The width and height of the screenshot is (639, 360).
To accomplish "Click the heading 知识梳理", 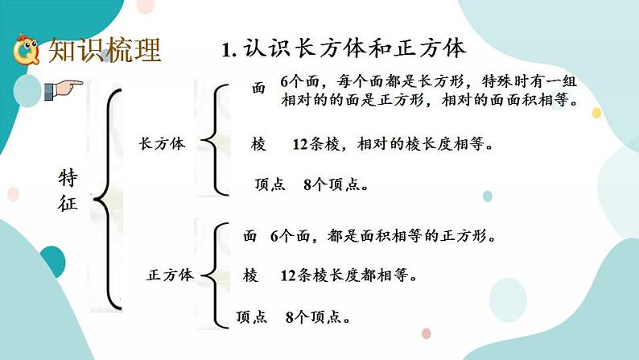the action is [x=105, y=50].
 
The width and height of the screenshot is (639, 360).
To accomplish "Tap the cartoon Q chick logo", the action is [x=27, y=50].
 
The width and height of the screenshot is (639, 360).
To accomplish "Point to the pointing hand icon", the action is [x=63, y=89].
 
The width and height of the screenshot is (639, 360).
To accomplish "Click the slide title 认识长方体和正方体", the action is [x=355, y=48].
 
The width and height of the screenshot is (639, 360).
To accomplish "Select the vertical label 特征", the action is [x=68, y=190].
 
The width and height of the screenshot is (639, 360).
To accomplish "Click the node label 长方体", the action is [x=162, y=143].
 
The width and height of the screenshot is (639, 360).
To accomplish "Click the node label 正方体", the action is [x=170, y=275].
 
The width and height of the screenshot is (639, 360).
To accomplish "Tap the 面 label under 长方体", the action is [x=258, y=88].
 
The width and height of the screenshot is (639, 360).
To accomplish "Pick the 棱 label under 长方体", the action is [x=258, y=144].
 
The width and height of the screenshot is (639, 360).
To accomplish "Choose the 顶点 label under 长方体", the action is [x=270, y=184].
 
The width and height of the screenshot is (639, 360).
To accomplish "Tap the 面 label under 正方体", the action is [x=249, y=236].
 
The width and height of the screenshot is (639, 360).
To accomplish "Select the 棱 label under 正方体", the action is [x=249, y=275].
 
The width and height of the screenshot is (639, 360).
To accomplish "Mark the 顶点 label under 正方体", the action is [x=251, y=317].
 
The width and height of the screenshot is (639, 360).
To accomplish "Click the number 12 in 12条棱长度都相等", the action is [x=288, y=276].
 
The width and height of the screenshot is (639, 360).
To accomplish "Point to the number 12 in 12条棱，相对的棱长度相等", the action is [x=300, y=144].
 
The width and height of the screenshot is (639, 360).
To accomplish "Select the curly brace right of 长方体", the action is [x=215, y=140].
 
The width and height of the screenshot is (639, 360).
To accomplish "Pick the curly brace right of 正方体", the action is [x=215, y=275].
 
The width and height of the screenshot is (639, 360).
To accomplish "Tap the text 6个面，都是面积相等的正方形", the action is [x=382, y=236].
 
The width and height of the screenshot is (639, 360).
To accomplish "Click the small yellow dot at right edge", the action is [x=596, y=113].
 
